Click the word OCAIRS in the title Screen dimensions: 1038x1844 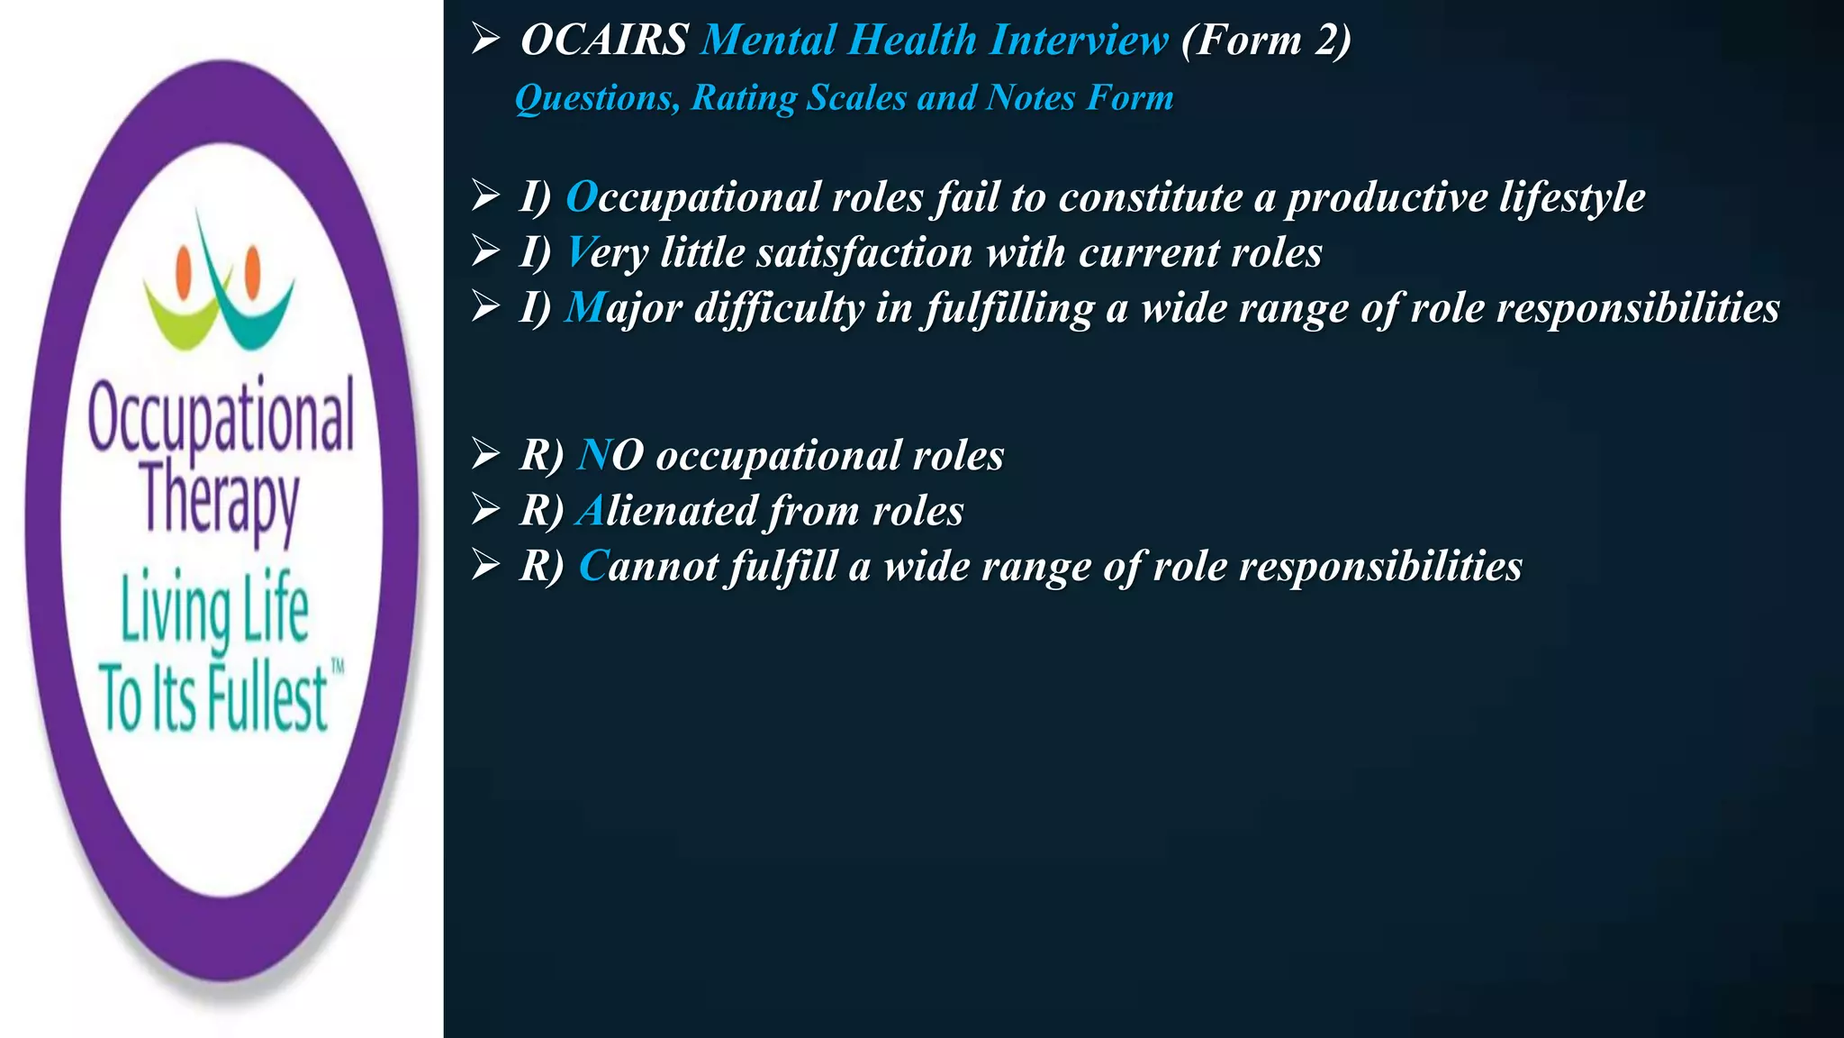tap(604, 41)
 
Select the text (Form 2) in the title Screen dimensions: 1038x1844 tap(1266, 41)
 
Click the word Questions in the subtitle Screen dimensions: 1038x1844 tap(596, 98)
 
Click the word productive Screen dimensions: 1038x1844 tap(1387, 198)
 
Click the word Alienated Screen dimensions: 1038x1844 tap(667, 511)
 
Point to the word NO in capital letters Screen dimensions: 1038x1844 tap(610, 455)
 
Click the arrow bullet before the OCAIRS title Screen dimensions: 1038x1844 tap(486, 39)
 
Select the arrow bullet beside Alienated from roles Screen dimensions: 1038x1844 tap(486, 510)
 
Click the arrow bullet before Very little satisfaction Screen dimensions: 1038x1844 tap(486, 252)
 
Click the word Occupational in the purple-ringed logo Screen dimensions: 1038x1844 tap(221, 416)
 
